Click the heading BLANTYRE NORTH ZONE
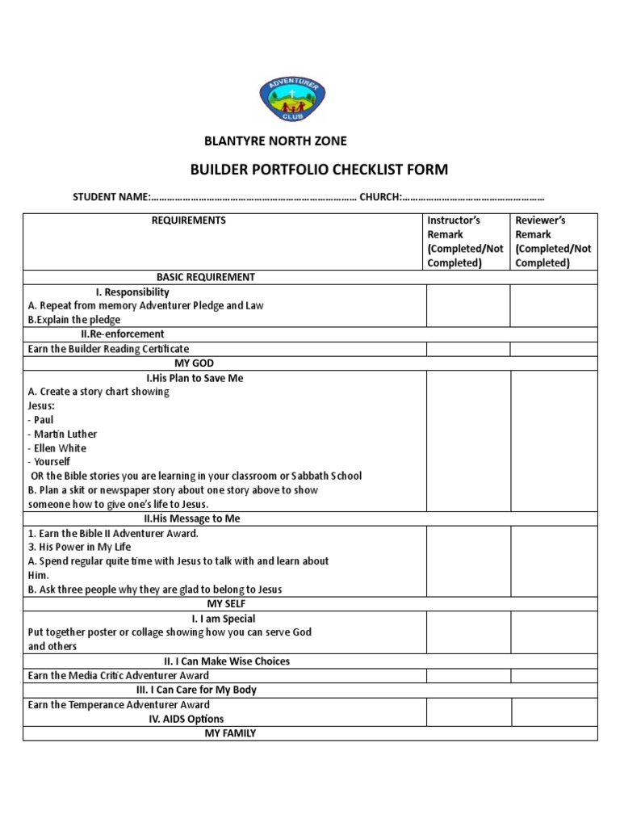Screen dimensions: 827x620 275,141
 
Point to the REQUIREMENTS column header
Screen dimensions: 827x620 189,220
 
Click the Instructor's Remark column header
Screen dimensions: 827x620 467,241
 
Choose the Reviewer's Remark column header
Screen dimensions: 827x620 553,241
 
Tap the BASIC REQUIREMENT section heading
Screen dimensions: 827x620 206,277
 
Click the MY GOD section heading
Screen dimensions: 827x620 199,363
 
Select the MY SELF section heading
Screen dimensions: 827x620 227,603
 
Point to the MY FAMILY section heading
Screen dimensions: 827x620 230,733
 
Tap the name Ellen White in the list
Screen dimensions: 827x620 57,448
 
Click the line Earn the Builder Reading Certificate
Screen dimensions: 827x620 108,349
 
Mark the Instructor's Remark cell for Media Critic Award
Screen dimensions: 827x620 467,676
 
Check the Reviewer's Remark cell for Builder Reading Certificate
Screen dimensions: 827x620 553,349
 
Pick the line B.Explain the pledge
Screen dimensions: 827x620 73,320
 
